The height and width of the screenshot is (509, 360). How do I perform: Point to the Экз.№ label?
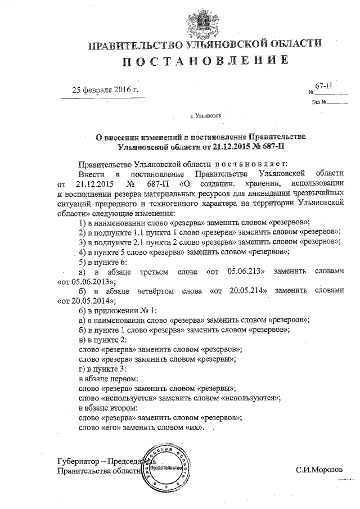pyautogui.click(x=318, y=102)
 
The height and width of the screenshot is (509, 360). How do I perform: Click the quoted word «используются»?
pyautogui.click(x=251, y=397)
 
